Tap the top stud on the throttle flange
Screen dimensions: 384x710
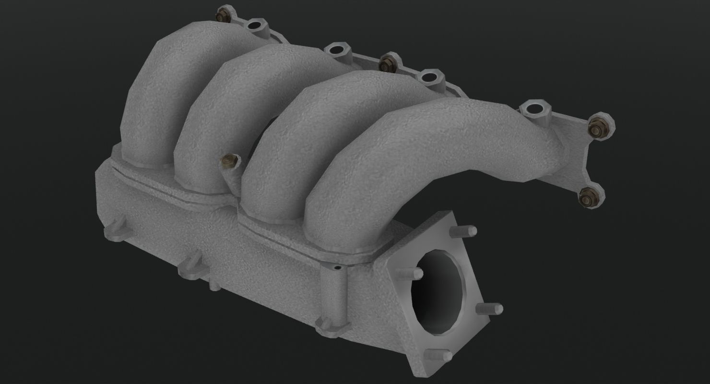[462, 231]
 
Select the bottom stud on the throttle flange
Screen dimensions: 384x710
[439, 355]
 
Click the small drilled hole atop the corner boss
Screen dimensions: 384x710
[337, 267]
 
